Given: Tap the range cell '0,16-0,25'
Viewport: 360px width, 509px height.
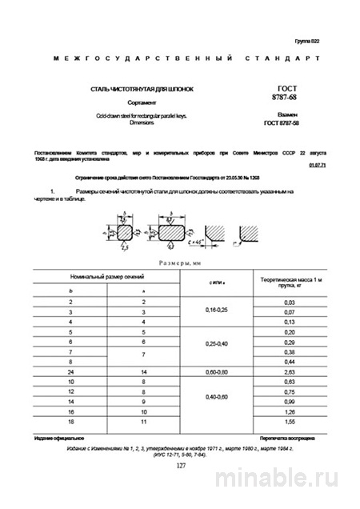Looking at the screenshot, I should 216,310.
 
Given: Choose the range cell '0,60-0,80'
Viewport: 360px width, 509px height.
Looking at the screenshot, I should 216,372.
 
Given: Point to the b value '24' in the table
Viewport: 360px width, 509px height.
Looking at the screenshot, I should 70,372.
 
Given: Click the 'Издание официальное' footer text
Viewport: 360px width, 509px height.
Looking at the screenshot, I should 58,439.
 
